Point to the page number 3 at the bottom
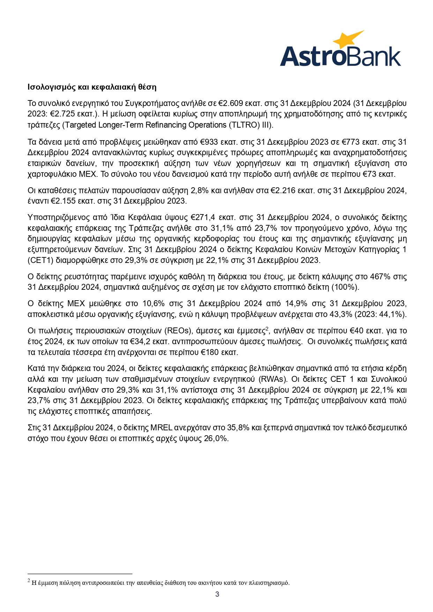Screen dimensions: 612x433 217,594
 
